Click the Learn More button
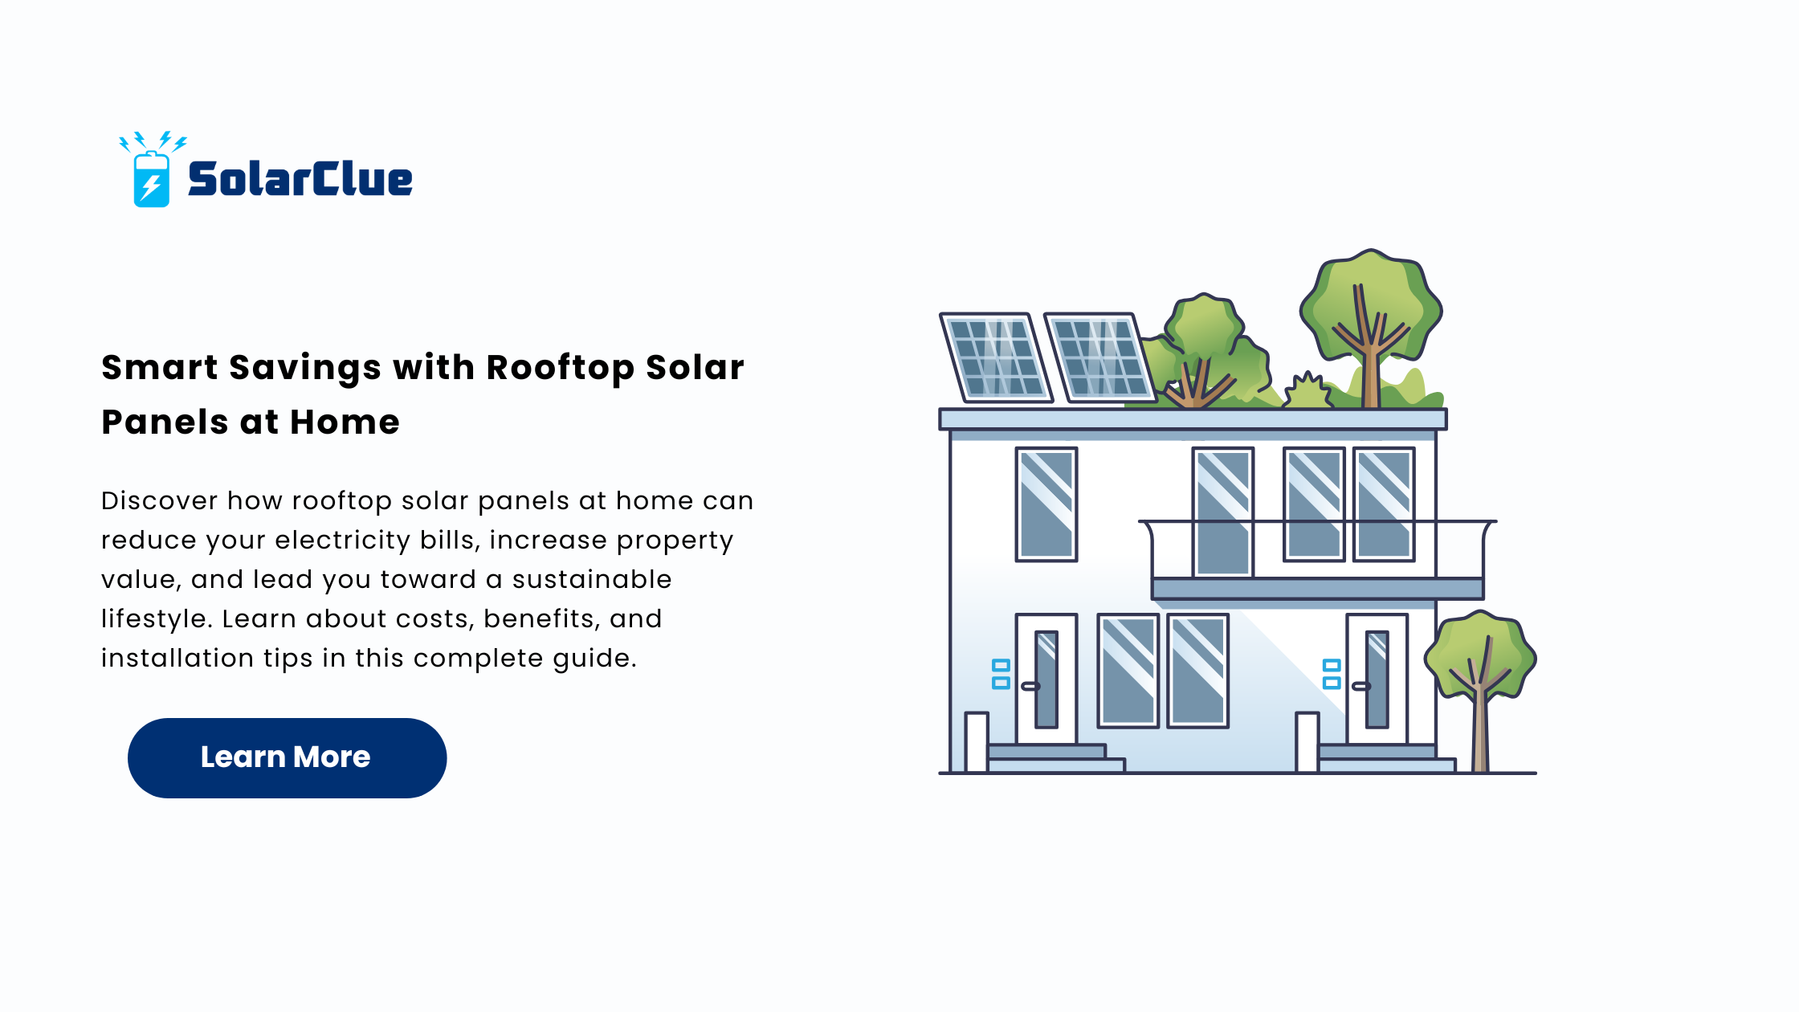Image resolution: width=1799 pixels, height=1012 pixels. [287, 757]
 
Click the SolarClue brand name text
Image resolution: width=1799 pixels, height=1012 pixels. [300, 178]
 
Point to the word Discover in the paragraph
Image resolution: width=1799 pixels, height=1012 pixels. [159, 500]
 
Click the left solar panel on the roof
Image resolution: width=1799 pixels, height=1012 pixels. [996, 357]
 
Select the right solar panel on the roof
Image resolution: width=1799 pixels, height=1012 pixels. [1100, 357]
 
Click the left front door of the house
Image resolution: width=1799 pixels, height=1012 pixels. [1046, 679]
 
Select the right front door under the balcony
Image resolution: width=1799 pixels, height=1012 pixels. [1377, 679]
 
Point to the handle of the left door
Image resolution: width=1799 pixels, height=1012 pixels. [1030, 686]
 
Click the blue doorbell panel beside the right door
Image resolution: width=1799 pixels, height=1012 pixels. [1332, 674]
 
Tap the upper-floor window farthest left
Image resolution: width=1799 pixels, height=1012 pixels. [1046, 504]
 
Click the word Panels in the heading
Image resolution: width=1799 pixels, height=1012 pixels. [165, 422]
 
